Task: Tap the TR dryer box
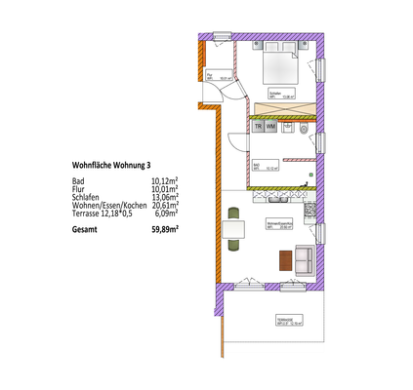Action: (x=259, y=128)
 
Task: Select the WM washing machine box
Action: (x=272, y=128)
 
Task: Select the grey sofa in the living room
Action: (x=304, y=259)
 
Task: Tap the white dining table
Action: (x=232, y=231)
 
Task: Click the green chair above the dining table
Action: (x=232, y=212)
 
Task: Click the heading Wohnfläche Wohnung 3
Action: (x=112, y=166)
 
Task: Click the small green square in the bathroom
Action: (x=310, y=175)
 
